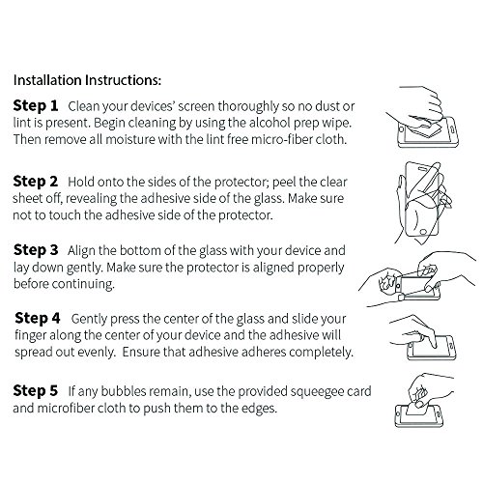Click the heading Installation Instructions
[87, 80]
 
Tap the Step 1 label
[36, 105]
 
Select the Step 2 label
[36, 182]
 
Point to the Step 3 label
[36, 250]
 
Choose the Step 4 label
[38, 318]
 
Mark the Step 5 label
[36, 390]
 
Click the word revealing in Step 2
[91, 199]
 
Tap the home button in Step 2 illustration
[423, 232]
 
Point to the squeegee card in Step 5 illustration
[417, 408]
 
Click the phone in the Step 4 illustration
[432, 348]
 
